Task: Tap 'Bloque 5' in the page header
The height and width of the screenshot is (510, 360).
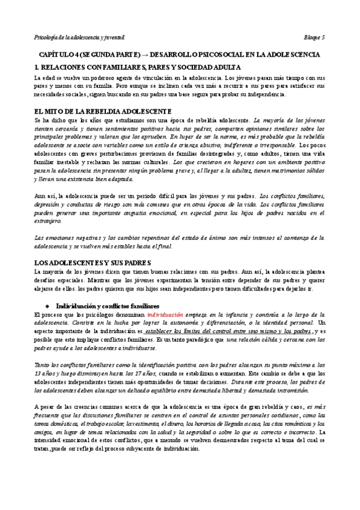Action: [314, 37]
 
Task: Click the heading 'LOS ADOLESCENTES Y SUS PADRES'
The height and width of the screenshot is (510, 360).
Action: [93, 263]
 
